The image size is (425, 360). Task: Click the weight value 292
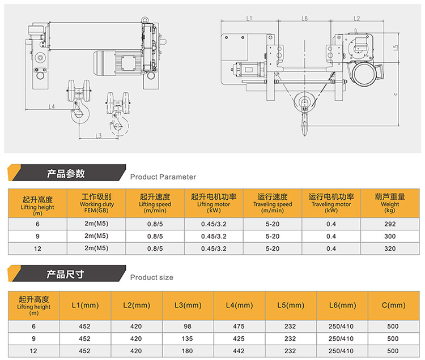(389, 224)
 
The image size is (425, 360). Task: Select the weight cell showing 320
(389, 248)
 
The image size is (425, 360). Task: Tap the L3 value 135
(188, 338)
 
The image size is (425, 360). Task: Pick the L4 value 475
(239, 326)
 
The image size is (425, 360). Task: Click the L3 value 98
(188, 326)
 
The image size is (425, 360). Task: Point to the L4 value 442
(239, 350)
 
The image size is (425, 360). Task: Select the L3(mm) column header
(188, 305)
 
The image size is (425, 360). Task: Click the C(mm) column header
(394, 305)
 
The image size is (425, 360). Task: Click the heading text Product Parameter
(163, 177)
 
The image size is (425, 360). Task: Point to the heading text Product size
(151, 277)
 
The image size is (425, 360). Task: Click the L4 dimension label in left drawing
(52, 106)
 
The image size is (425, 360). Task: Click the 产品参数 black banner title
(66, 173)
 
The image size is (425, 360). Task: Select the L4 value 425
(239, 338)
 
